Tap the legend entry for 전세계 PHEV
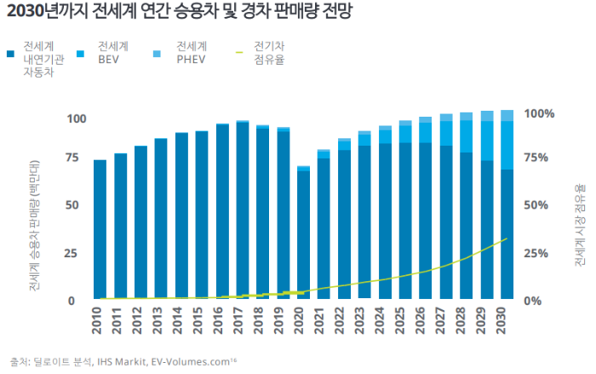191,52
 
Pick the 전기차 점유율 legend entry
269,52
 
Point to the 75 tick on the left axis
73,158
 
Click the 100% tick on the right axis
539,113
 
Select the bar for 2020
304,234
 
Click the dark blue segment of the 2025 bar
405,222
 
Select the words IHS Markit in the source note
116,362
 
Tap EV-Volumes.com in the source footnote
191,362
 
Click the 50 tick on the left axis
73,205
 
